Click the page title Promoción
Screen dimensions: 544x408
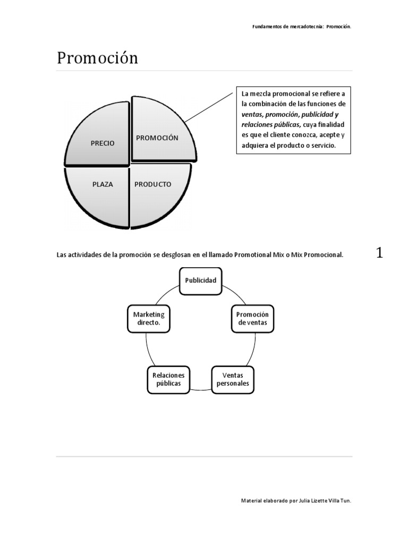[97, 58]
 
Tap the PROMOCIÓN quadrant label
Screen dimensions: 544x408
[157, 138]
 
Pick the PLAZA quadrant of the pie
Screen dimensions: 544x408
[103, 184]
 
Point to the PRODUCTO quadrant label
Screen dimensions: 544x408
[152, 184]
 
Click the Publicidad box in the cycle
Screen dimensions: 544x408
[200, 280]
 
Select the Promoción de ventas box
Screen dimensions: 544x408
[253, 318]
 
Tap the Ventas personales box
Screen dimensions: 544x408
[233, 379]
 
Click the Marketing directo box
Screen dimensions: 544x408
[149, 318]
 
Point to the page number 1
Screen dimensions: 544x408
[379, 253]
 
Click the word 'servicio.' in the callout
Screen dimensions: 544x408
[323, 145]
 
